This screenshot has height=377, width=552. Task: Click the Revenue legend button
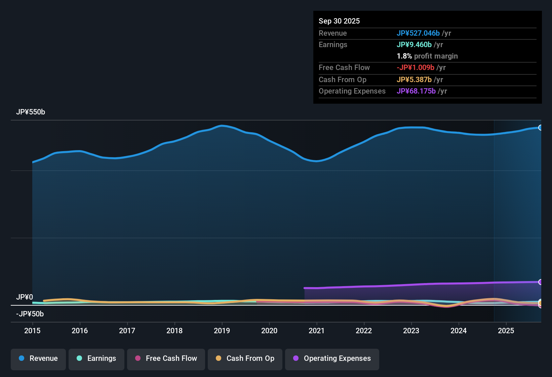point(38,358)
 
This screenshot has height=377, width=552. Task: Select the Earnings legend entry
point(96,358)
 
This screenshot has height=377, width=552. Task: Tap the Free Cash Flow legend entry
point(166,358)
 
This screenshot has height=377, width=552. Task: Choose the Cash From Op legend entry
point(245,358)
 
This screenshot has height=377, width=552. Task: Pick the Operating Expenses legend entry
point(332,358)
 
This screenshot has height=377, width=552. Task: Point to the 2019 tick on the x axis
point(222,331)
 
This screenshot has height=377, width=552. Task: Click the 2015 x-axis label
point(32,331)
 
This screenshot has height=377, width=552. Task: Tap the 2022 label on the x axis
point(364,331)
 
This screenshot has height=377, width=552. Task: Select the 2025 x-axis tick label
point(506,331)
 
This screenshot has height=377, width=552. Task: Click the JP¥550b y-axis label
point(31,112)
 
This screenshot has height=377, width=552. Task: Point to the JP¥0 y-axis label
point(25,297)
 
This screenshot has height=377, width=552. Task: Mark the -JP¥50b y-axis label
point(30,314)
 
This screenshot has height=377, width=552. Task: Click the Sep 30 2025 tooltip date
point(339,21)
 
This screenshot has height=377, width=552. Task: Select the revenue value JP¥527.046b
point(418,33)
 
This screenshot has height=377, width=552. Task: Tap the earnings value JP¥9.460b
point(414,44)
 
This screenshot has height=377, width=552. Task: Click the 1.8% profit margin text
point(427,56)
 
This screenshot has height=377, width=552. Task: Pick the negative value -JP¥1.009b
point(415,67)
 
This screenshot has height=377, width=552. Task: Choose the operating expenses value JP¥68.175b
point(416,91)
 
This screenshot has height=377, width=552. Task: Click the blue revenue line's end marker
point(540,128)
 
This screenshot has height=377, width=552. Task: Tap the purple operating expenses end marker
point(540,282)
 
